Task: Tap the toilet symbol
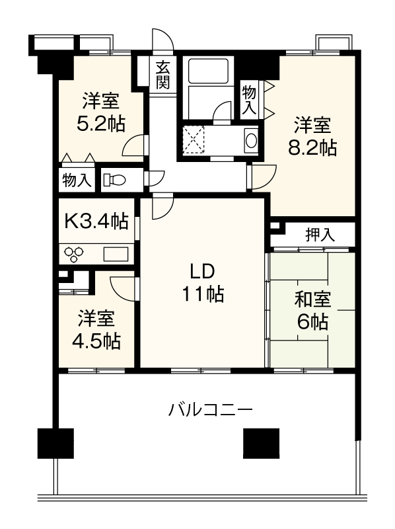pos(114,180)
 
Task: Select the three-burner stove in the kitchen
pos(74,254)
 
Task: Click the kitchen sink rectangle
pos(116,254)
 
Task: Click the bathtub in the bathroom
pos(209,71)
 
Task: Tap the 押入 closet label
pos(320,235)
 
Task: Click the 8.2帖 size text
pos(312,147)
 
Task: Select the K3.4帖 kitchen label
pos(96,222)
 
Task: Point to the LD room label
pos(202,271)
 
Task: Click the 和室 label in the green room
pos(313,300)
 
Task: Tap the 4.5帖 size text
pos(96,341)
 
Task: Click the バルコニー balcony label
pos(210,410)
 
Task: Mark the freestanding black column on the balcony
pos(261,443)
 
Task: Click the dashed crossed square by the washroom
pos(194,140)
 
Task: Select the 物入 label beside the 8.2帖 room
pos(249,100)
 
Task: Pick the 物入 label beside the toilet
pos(77,181)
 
